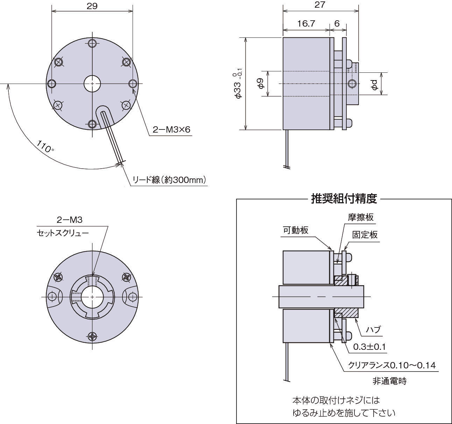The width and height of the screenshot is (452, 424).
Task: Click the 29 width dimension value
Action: [92, 6]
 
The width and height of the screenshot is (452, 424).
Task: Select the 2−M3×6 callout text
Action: [171, 130]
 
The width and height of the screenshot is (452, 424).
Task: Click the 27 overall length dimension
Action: [320, 5]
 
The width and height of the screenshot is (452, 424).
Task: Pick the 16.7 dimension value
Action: [306, 23]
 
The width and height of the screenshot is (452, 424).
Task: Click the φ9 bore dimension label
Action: [260, 84]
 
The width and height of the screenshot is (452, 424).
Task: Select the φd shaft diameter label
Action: [374, 84]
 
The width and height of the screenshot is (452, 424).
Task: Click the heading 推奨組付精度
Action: [344, 199]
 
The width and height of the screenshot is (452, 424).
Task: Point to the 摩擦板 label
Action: [361, 217]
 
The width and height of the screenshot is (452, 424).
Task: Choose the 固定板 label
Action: [365, 234]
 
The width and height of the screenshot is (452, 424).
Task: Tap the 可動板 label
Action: [296, 230]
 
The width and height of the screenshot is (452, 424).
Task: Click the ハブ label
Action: [373, 330]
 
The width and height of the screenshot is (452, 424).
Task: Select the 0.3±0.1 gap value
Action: [369, 347]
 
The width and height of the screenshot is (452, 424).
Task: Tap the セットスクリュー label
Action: [63, 233]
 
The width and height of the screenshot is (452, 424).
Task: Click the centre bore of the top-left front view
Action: [92, 84]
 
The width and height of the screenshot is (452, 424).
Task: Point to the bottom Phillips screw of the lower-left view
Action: [92, 337]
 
